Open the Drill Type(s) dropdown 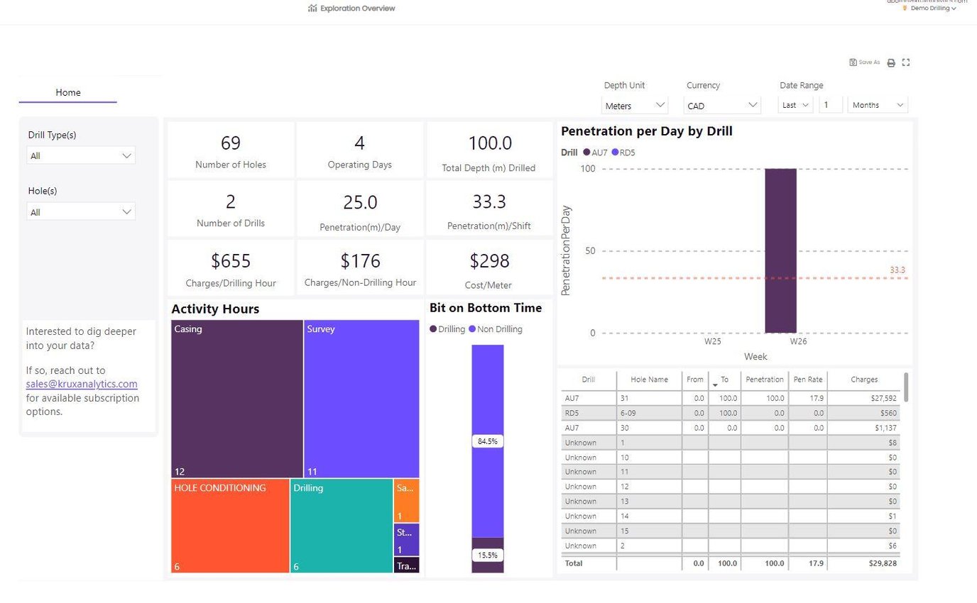click(x=81, y=155)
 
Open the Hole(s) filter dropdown click(x=81, y=212)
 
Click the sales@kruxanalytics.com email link click(x=82, y=384)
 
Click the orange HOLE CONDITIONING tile click(x=230, y=525)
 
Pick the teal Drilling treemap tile click(x=341, y=525)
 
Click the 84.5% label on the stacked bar click(x=487, y=441)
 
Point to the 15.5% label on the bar click(x=487, y=555)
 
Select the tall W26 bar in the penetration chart click(x=780, y=250)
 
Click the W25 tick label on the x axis click(x=713, y=341)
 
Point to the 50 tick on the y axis click(x=589, y=251)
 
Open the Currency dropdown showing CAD click(x=723, y=106)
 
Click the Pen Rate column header click(x=808, y=380)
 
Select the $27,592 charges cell click(x=862, y=398)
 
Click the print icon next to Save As click(x=891, y=62)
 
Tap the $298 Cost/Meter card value click(x=489, y=261)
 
